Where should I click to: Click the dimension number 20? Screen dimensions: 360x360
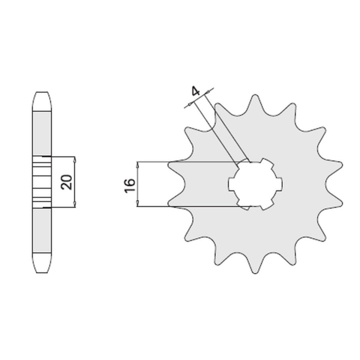(x=66, y=182)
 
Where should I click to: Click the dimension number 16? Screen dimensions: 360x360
(x=129, y=185)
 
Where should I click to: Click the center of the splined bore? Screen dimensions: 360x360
(x=255, y=184)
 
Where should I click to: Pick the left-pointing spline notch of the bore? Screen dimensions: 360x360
(x=231, y=184)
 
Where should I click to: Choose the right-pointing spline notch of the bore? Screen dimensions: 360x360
(x=279, y=184)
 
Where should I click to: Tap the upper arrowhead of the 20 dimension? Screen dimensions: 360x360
(x=74, y=159)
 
